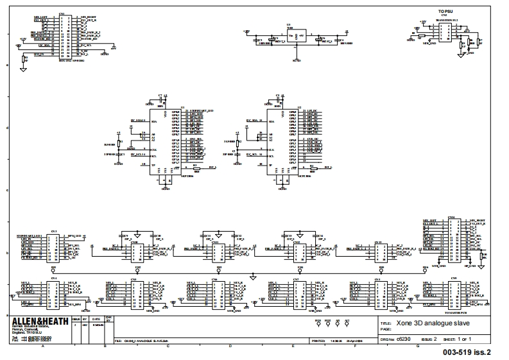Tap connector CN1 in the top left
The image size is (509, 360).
[x=64, y=32]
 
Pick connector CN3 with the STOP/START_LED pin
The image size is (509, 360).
[x=55, y=246]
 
